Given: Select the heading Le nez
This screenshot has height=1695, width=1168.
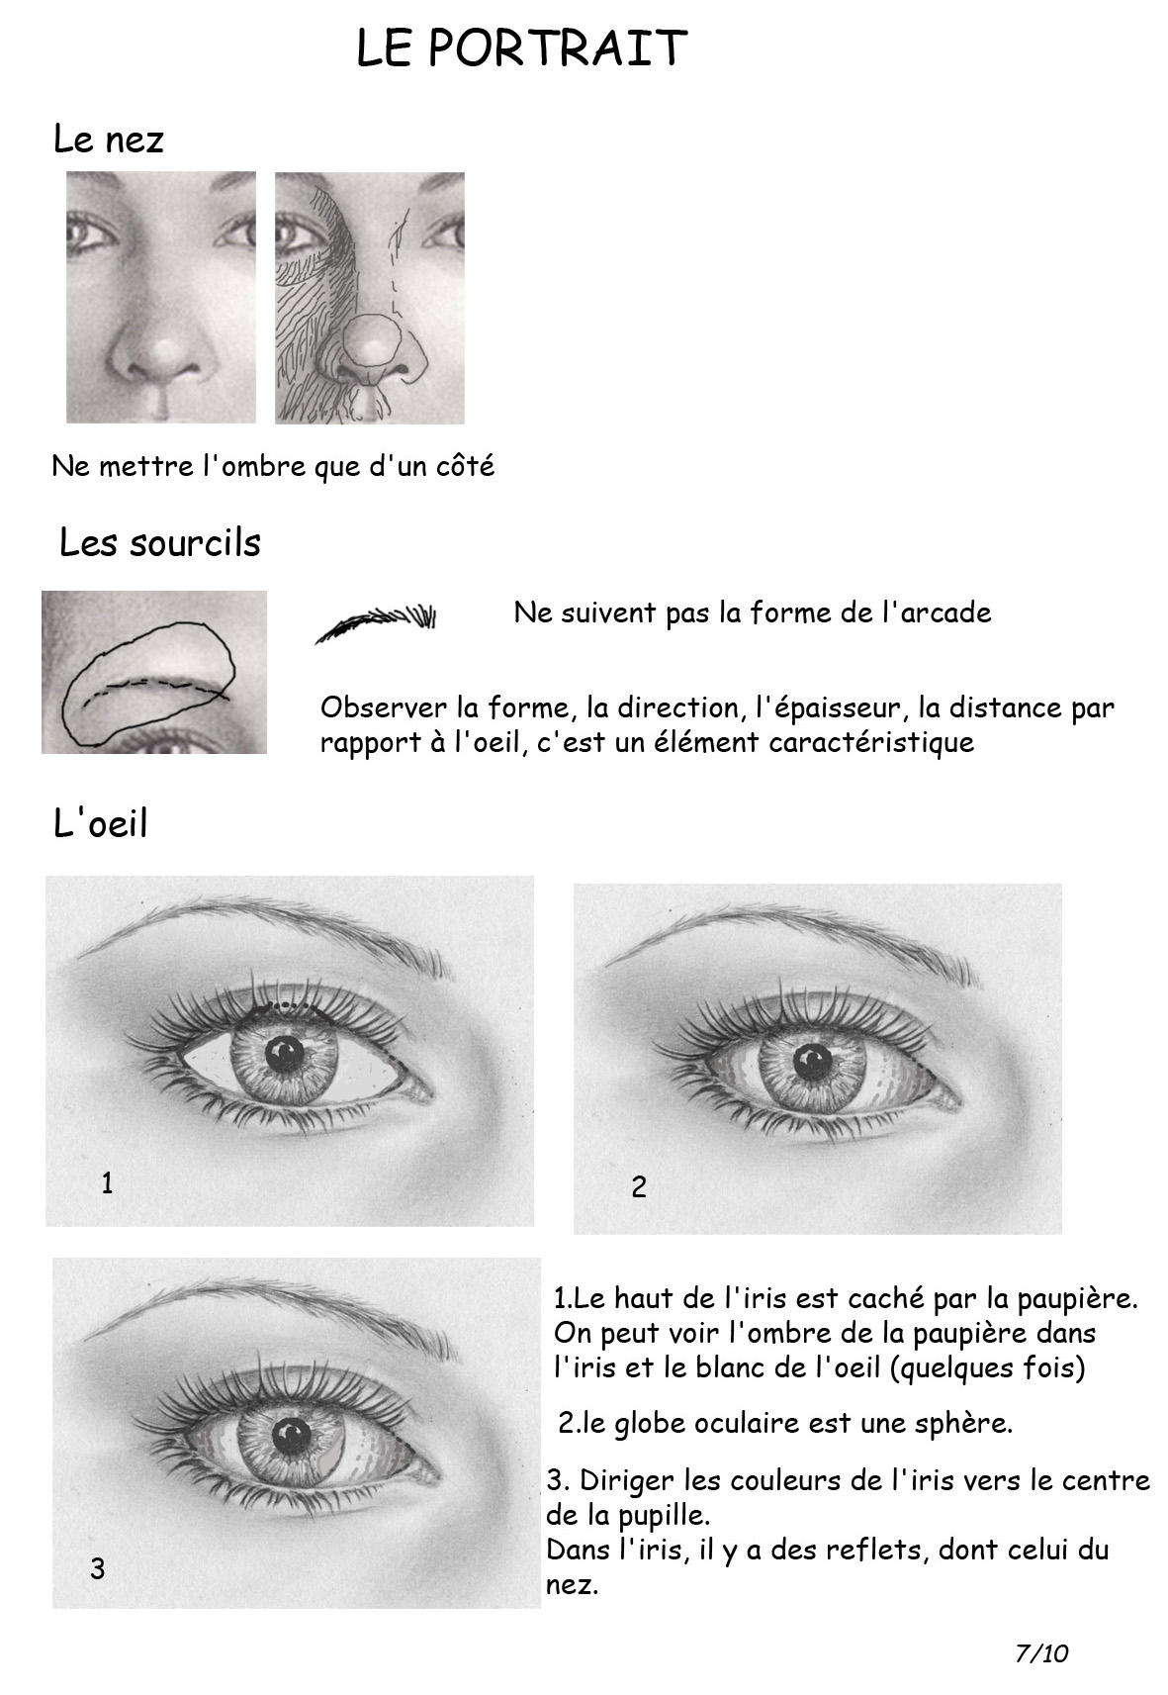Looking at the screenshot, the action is click(108, 140).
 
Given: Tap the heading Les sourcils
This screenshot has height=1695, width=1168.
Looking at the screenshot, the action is click(159, 542).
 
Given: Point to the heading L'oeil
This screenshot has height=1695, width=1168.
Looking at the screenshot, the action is click(101, 822).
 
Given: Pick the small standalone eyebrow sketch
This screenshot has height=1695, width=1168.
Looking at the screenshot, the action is click(375, 622).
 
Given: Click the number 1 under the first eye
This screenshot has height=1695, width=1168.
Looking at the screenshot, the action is click(107, 1182).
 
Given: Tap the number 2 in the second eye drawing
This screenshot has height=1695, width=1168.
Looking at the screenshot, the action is click(639, 1187).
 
